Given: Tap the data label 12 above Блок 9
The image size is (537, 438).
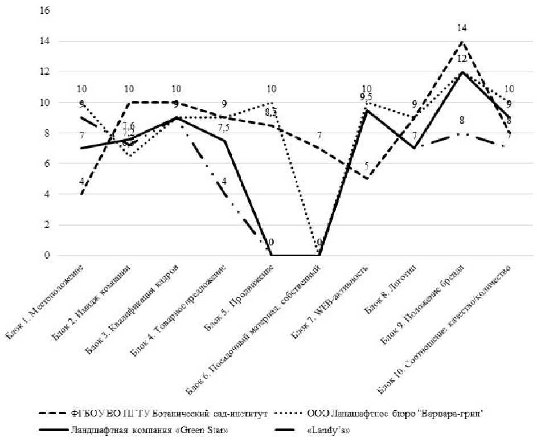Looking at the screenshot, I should click(462, 59).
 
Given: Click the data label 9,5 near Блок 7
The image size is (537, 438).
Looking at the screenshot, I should click(366, 97).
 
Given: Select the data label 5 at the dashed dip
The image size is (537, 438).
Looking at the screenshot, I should click(367, 166).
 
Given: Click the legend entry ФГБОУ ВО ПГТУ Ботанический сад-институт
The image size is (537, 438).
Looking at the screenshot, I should click(165, 412).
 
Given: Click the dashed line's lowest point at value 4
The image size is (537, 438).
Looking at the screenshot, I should click(83, 194).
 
